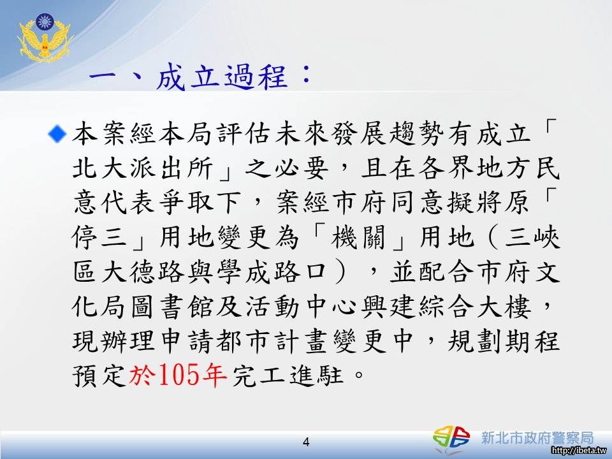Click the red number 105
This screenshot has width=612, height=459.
coord(178,375)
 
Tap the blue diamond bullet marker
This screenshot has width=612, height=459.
coord(57,134)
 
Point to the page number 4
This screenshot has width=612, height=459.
coord(306,442)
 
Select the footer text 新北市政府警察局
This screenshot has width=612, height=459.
coord(537,437)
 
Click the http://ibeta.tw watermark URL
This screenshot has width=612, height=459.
coord(579,451)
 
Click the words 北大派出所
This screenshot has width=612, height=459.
coord(142,168)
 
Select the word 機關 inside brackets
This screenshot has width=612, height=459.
coord(358,237)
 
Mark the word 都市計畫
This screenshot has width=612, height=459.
coord(273,340)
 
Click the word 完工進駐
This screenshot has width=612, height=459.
coord(288,375)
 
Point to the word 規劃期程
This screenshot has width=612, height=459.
coord(504,340)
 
